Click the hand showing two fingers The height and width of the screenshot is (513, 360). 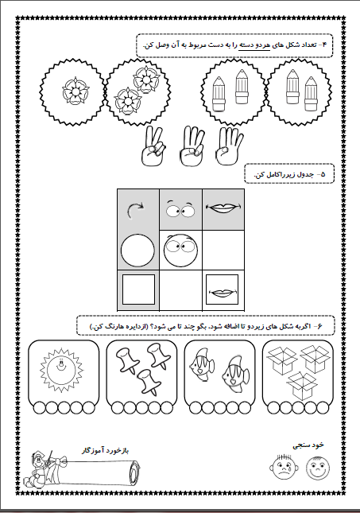[153, 146]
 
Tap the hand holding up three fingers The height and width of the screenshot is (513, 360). [192, 146]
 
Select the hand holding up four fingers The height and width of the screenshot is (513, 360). [229, 146]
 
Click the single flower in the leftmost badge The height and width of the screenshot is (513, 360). [75, 91]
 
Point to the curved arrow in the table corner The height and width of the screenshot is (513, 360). [136, 210]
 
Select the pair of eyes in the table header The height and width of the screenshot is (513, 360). [180, 208]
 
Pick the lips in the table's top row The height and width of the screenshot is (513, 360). [223, 208]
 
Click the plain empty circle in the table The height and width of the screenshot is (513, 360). [137, 251]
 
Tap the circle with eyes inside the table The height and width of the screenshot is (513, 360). [181, 251]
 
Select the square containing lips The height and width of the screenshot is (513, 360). [222, 290]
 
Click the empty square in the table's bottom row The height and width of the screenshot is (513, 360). [138, 290]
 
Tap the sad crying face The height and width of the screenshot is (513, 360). [285, 467]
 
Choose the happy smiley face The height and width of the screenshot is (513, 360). [318, 467]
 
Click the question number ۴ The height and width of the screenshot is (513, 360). [324, 45]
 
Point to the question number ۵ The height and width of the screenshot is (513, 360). [323, 173]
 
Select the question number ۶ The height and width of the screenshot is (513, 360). [319, 325]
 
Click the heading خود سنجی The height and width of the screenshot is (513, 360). [308, 445]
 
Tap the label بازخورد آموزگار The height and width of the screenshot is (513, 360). [105, 450]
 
